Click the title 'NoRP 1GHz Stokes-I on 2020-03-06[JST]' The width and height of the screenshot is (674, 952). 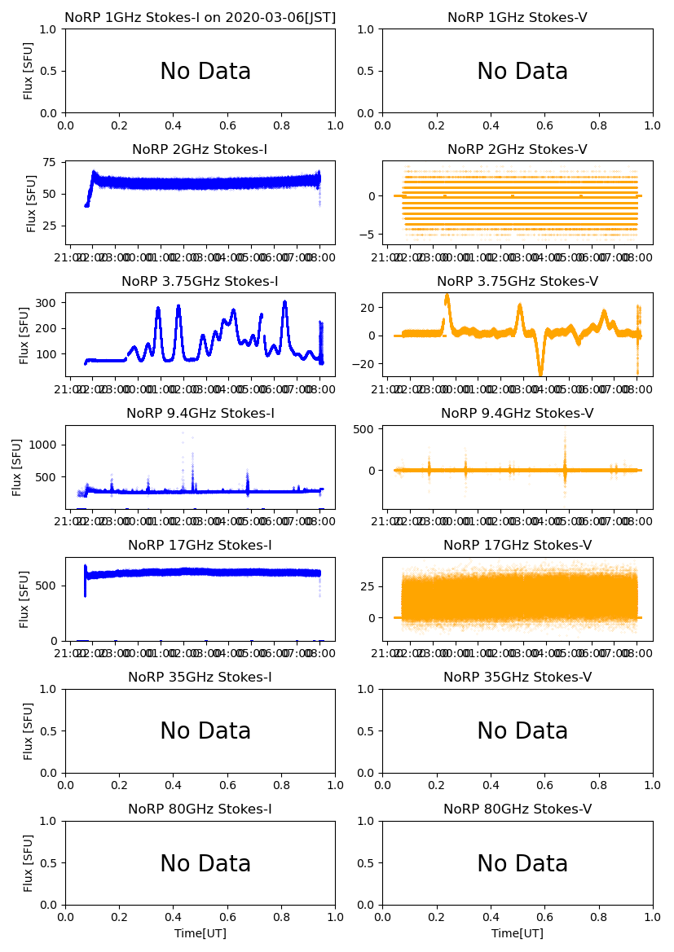point(200,17)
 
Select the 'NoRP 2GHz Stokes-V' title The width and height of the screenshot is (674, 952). point(517,150)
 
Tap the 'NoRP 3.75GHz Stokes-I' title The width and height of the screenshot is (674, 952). point(200,282)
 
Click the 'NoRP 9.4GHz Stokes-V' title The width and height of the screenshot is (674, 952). point(517,414)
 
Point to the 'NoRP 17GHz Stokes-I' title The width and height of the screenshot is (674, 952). point(200,546)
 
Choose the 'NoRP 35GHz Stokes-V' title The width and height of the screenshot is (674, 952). point(517,678)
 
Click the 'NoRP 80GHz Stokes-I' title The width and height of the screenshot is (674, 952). point(200,809)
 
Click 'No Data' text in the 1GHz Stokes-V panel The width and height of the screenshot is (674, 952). point(522,72)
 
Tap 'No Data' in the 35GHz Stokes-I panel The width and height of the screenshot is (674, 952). point(205,731)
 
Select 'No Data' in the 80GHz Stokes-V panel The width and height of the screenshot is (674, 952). point(522,864)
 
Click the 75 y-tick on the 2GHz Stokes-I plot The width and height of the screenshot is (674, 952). point(51,163)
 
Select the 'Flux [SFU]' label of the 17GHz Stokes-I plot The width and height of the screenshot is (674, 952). point(24,599)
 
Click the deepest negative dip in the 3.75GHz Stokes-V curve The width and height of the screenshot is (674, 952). point(540,374)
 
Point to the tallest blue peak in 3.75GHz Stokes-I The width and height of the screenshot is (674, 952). point(284,302)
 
